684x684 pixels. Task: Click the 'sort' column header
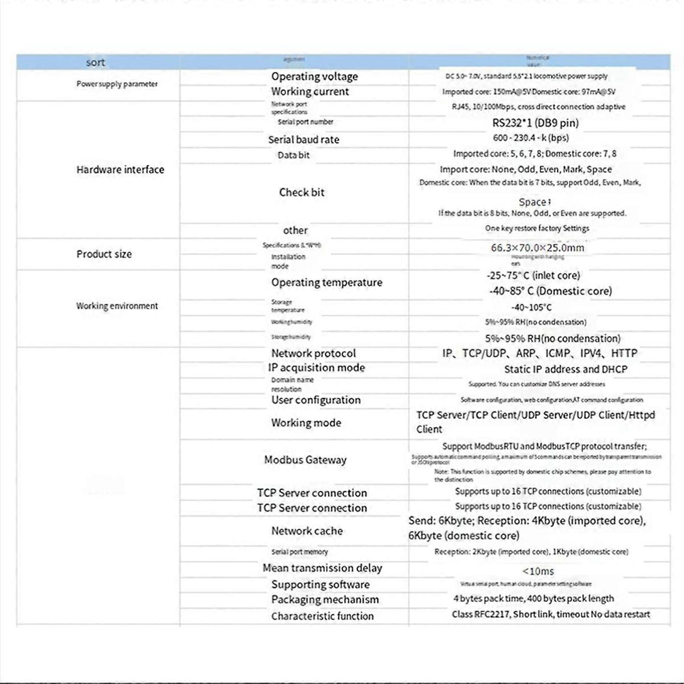click(96, 63)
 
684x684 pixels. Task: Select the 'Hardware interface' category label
click(120, 170)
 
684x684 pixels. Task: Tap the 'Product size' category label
click(104, 254)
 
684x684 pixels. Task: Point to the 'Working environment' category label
click(117, 306)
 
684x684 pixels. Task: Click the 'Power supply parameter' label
click(117, 84)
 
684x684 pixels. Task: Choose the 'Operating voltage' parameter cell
click(315, 77)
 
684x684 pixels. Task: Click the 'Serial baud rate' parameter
click(304, 140)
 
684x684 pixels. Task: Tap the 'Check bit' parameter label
click(302, 192)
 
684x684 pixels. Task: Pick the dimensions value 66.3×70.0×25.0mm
click(538, 248)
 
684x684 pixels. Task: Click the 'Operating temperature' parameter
click(327, 283)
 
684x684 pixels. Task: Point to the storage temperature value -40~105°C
click(531, 307)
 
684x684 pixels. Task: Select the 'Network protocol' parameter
click(313, 353)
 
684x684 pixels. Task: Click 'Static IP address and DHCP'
click(566, 369)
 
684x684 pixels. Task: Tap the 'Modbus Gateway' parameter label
click(305, 460)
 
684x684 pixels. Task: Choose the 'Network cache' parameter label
click(307, 531)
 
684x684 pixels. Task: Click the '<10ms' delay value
click(537, 570)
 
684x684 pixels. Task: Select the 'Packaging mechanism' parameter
click(325, 600)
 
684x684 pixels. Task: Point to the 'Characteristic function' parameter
click(323, 616)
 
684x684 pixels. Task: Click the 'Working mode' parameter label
click(306, 423)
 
